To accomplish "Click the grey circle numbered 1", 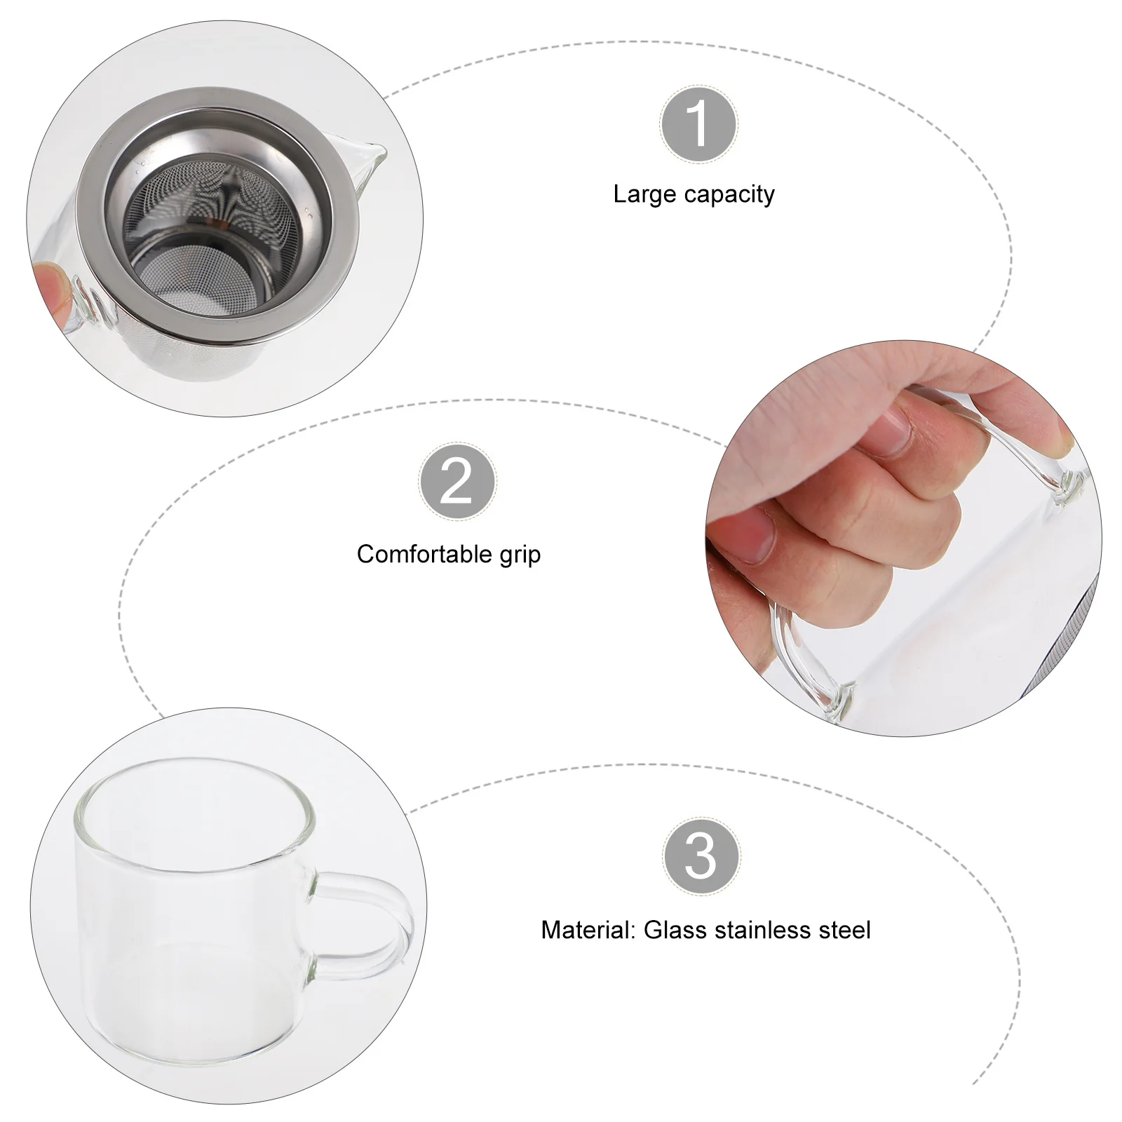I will [x=698, y=124].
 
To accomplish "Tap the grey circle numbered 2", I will [x=457, y=482].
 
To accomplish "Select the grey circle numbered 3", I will [x=701, y=856].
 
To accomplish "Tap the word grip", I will [x=520, y=555].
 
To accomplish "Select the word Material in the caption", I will [x=586, y=930].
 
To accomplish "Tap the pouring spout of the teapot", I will [x=372, y=158].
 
